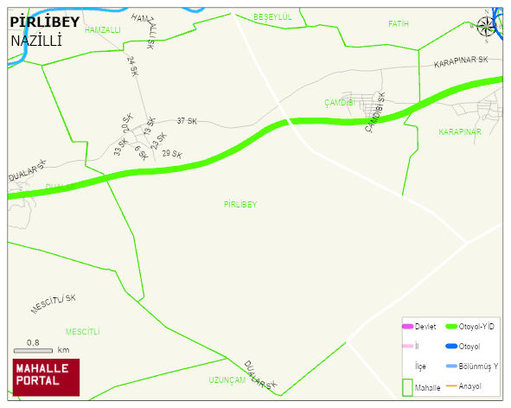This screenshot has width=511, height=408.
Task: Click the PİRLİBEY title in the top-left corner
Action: pyautogui.click(x=44, y=22)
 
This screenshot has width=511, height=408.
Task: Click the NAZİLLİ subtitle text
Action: pyautogui.click(x=36, y=41)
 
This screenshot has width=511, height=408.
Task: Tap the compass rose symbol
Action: pyautogui.click(x=487, y=28)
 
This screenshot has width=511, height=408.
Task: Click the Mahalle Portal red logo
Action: pyautogui.click(x=46, y=376)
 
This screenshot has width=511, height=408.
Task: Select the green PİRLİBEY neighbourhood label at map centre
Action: pyautogui.click(x=240, y=205)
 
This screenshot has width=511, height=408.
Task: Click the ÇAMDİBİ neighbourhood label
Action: pyautogui.click(x=340, y=103)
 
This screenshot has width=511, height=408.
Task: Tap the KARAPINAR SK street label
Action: pyautogui.click(x=461, y=63)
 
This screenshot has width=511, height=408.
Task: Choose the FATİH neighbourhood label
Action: pyautogui.click(x=398, y=23)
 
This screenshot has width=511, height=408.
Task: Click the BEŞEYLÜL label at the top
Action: pyautogui.click(x=272, y=16)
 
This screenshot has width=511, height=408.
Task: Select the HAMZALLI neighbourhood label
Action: pyautogui.click(x=103, y=29)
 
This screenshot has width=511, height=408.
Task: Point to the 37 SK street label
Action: pyautogui.click(x=187, y=121)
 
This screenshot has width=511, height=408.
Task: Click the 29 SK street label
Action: pyautogui.click(x=172, y=154)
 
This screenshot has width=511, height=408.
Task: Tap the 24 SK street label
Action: pyautogui.click(x=131, y=66)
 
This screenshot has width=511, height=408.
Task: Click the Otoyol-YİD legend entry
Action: pyautogui.click(x=469, y=326)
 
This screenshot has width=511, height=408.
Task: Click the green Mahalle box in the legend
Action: pyautogui.click(x=406, y=387)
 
